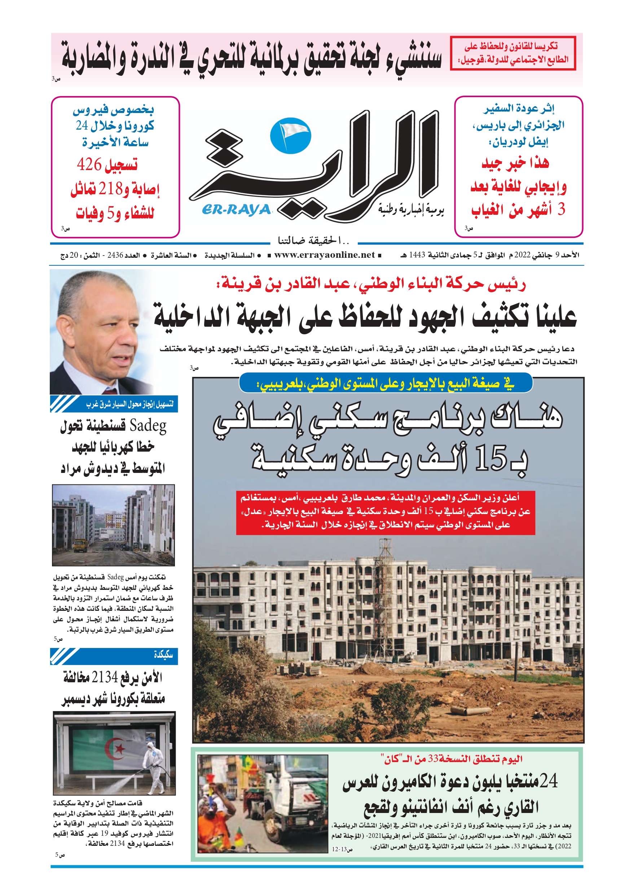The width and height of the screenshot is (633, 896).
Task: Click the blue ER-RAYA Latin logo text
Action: click(x=236, y=210)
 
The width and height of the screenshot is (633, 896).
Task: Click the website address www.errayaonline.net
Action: click(x=325, y=255)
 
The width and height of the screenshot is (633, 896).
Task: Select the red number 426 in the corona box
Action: click(x=89, y=164)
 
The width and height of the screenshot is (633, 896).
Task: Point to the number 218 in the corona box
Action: click(x=110, y=189)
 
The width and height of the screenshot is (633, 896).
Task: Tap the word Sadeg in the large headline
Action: click(x=148, y=425)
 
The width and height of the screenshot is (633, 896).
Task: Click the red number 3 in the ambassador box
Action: click(x=561, y=210)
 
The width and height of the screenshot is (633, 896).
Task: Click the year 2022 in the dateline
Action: click(x=522, y=255)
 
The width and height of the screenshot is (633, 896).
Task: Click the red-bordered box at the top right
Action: click(x=513, y=53)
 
